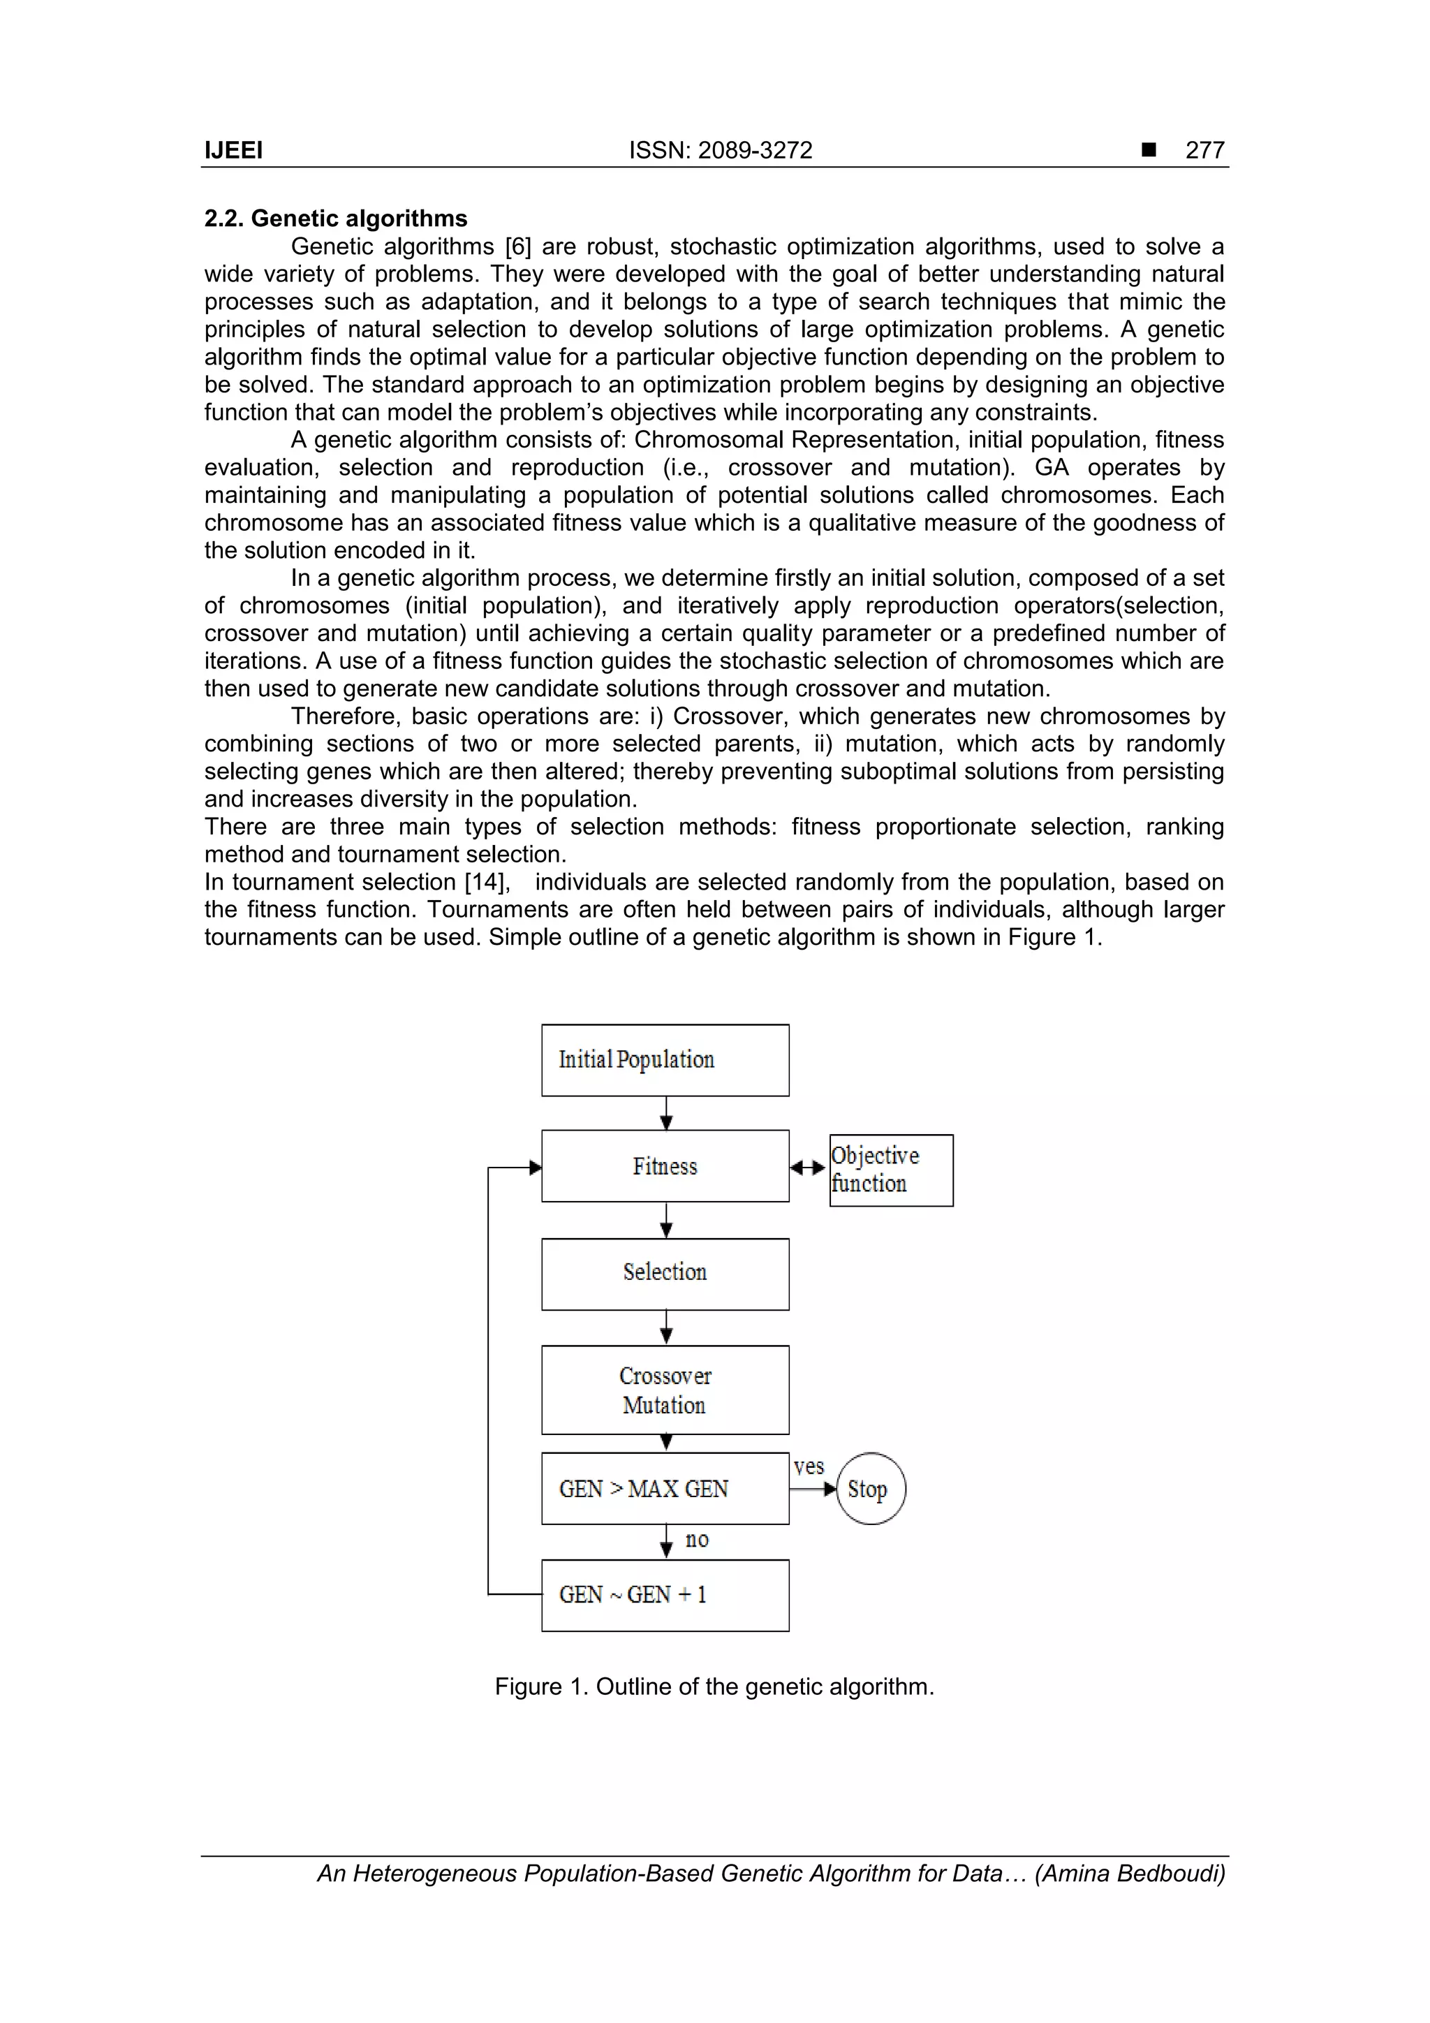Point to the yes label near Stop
click(x=808, y=1467)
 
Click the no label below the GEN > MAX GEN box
click(x=696, y=1539)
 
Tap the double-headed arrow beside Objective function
click(x=808, y=1168)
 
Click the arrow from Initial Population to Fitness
click(x=666, y=1114)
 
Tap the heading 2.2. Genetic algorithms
click(x=336, y=219)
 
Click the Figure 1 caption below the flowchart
click(x=714, y=1686)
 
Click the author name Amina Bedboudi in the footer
click(x=1130, y=1874)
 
